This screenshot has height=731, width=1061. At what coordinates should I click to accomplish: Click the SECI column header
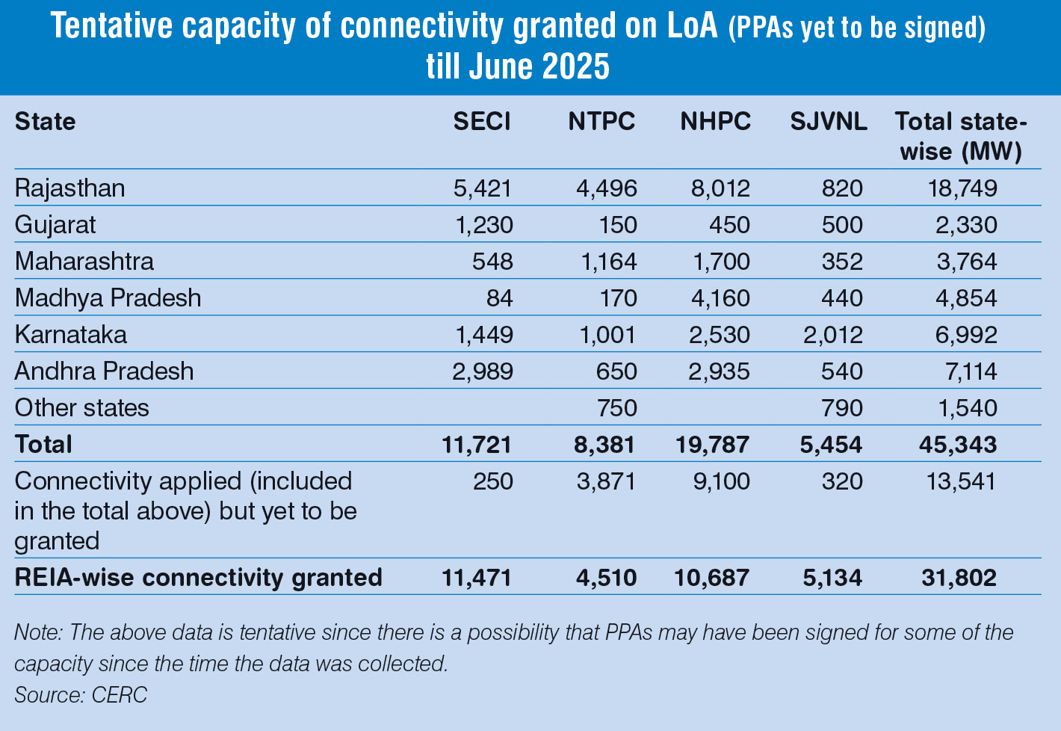tap(482, 122)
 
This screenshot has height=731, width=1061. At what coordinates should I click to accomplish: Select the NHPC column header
tap(715, 122)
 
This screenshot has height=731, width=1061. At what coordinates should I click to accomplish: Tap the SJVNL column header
tap(829, 122)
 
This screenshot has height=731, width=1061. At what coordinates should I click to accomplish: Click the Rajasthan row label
tap(70, 188)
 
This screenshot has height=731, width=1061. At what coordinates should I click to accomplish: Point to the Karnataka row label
tap(71, 334)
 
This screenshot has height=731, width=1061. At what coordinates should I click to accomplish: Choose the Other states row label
tap(82, 407)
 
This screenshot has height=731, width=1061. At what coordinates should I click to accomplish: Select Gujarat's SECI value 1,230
tap(483, 224)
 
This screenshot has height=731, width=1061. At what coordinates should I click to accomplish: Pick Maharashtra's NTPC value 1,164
tap(607, 261)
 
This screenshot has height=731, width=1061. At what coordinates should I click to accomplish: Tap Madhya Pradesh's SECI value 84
tap(499, 297)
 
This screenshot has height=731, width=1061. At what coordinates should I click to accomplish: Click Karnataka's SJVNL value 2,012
tap(832, 334)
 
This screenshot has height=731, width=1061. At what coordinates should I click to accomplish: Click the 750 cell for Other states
tap(616, 407)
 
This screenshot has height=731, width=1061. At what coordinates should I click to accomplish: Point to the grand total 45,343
tap(958, 444)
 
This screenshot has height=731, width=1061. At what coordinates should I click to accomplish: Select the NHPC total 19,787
tap(712, 444)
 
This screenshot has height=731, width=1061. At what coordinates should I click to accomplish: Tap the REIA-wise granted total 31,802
tap(958, 577)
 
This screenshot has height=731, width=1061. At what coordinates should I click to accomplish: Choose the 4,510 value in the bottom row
tap(607, 577)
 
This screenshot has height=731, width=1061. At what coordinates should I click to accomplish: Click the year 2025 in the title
tap(576, 67)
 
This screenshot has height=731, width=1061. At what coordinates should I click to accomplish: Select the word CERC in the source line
tap(120, 694)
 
